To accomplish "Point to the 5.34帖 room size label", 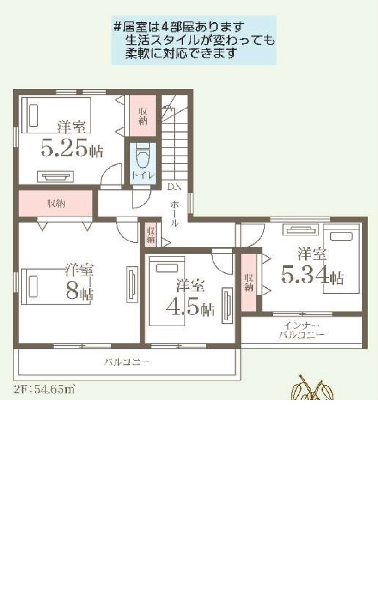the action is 312,275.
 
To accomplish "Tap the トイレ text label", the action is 143,175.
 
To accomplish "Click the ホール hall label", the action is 174,214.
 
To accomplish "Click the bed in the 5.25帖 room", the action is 56,115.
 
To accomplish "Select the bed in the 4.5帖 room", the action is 167,291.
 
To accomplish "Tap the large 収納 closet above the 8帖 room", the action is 56,204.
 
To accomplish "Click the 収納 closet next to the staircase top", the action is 143,115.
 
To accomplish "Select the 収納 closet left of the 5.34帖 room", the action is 249,282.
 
